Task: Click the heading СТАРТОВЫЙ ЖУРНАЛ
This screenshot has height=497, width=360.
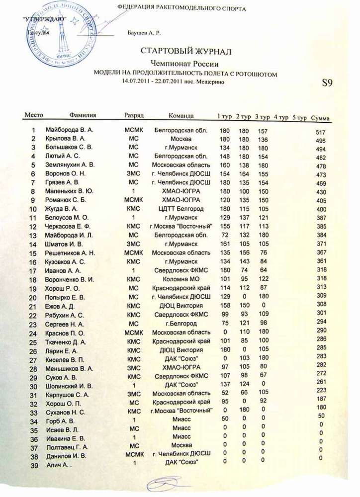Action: pos(186,52)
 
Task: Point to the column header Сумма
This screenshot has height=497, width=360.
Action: pos(320,119)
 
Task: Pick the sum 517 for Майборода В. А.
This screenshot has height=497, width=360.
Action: pos(321,132)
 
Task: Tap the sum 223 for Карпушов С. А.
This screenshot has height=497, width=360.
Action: pos(321,391)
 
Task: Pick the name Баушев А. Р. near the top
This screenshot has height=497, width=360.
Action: pos(144,33)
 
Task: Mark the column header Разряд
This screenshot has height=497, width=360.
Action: pos(134,116)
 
